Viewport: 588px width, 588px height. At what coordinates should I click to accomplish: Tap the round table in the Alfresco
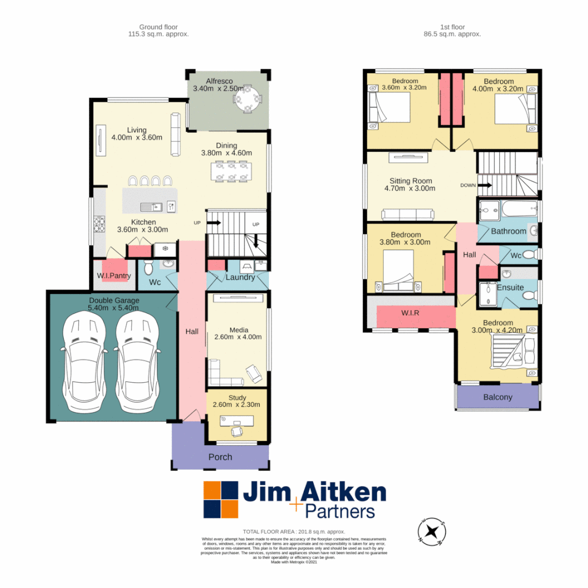pos(247,100)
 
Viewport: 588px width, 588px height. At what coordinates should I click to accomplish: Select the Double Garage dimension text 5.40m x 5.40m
pos(114,308)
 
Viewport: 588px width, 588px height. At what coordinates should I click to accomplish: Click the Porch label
pos(220,457)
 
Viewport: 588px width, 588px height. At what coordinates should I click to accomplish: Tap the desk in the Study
pos(237,421)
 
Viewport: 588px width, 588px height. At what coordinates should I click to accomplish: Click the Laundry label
pos(240,277)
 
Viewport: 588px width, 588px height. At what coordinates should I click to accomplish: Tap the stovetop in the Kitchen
pos(100,224)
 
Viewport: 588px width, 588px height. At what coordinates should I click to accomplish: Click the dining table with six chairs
pos(231,170)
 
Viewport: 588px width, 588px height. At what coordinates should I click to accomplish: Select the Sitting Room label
pos(411,181)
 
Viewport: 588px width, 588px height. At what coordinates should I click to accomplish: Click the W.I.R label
pos(415,314)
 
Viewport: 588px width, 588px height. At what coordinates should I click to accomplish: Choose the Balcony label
pos(498,397)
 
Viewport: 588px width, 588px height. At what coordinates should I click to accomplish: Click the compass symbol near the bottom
pos(432,531)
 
